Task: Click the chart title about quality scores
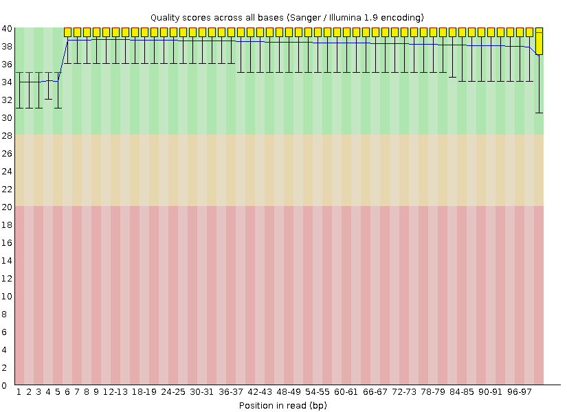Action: pos(287,16)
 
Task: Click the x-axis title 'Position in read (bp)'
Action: pos(282,405)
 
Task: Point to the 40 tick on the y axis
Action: pos(6,28)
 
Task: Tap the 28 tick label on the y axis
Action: pos(6,135)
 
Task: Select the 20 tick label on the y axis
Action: pos(6,207)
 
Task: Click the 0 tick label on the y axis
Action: pos(8,385)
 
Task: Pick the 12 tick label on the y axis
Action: pos(6,278)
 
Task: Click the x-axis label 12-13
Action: pos(115,391)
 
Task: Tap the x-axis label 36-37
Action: pos(231,391)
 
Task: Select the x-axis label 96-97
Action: pos(520,391)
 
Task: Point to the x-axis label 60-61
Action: pos(346,391)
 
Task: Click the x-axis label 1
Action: pos(19,391)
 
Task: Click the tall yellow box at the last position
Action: pos(540,41)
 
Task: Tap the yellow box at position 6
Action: pos(68,32)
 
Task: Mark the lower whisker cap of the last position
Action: pos(540,113)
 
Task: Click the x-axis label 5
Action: pos(58,391)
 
